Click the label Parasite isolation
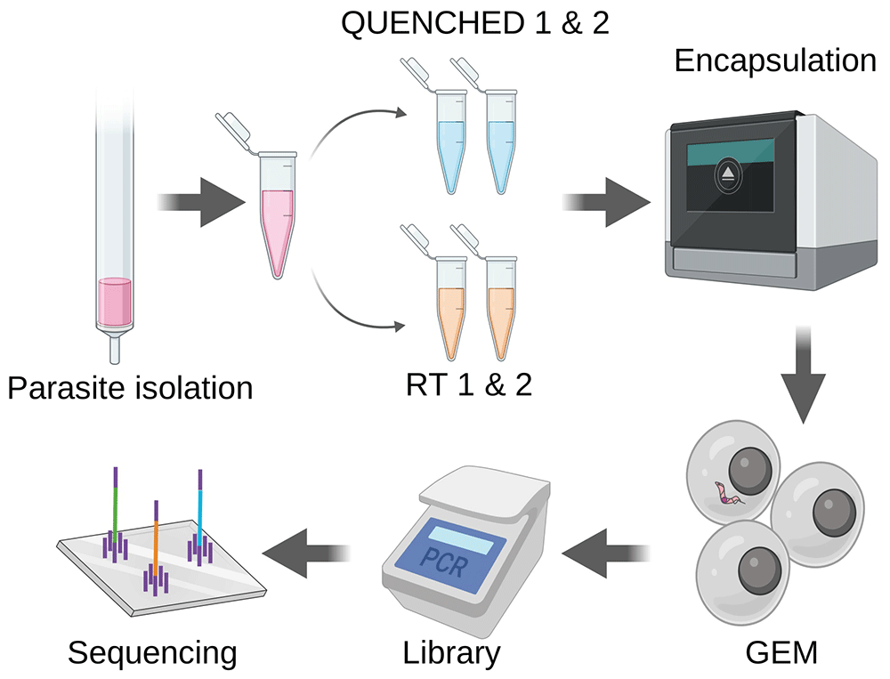tap(130, 388)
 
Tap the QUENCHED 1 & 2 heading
tap(475, 23)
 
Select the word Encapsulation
tap(775, 61)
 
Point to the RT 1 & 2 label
tap(469, 384)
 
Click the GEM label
tap(781, 652)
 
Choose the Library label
tap(451, 653)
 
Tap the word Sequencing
tap(152, 653)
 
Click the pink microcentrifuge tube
tap(277, 214)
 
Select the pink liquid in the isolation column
tap(115, 302)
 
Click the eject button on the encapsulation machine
tap(728, 174)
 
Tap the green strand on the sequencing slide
tap(115, 510)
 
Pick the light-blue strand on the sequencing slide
tap(199, 511)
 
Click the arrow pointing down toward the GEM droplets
tap(803, 375)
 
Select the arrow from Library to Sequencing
tap(305, 553)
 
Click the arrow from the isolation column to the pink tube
tap(201, 203)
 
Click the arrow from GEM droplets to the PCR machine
tap(606, 553)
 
